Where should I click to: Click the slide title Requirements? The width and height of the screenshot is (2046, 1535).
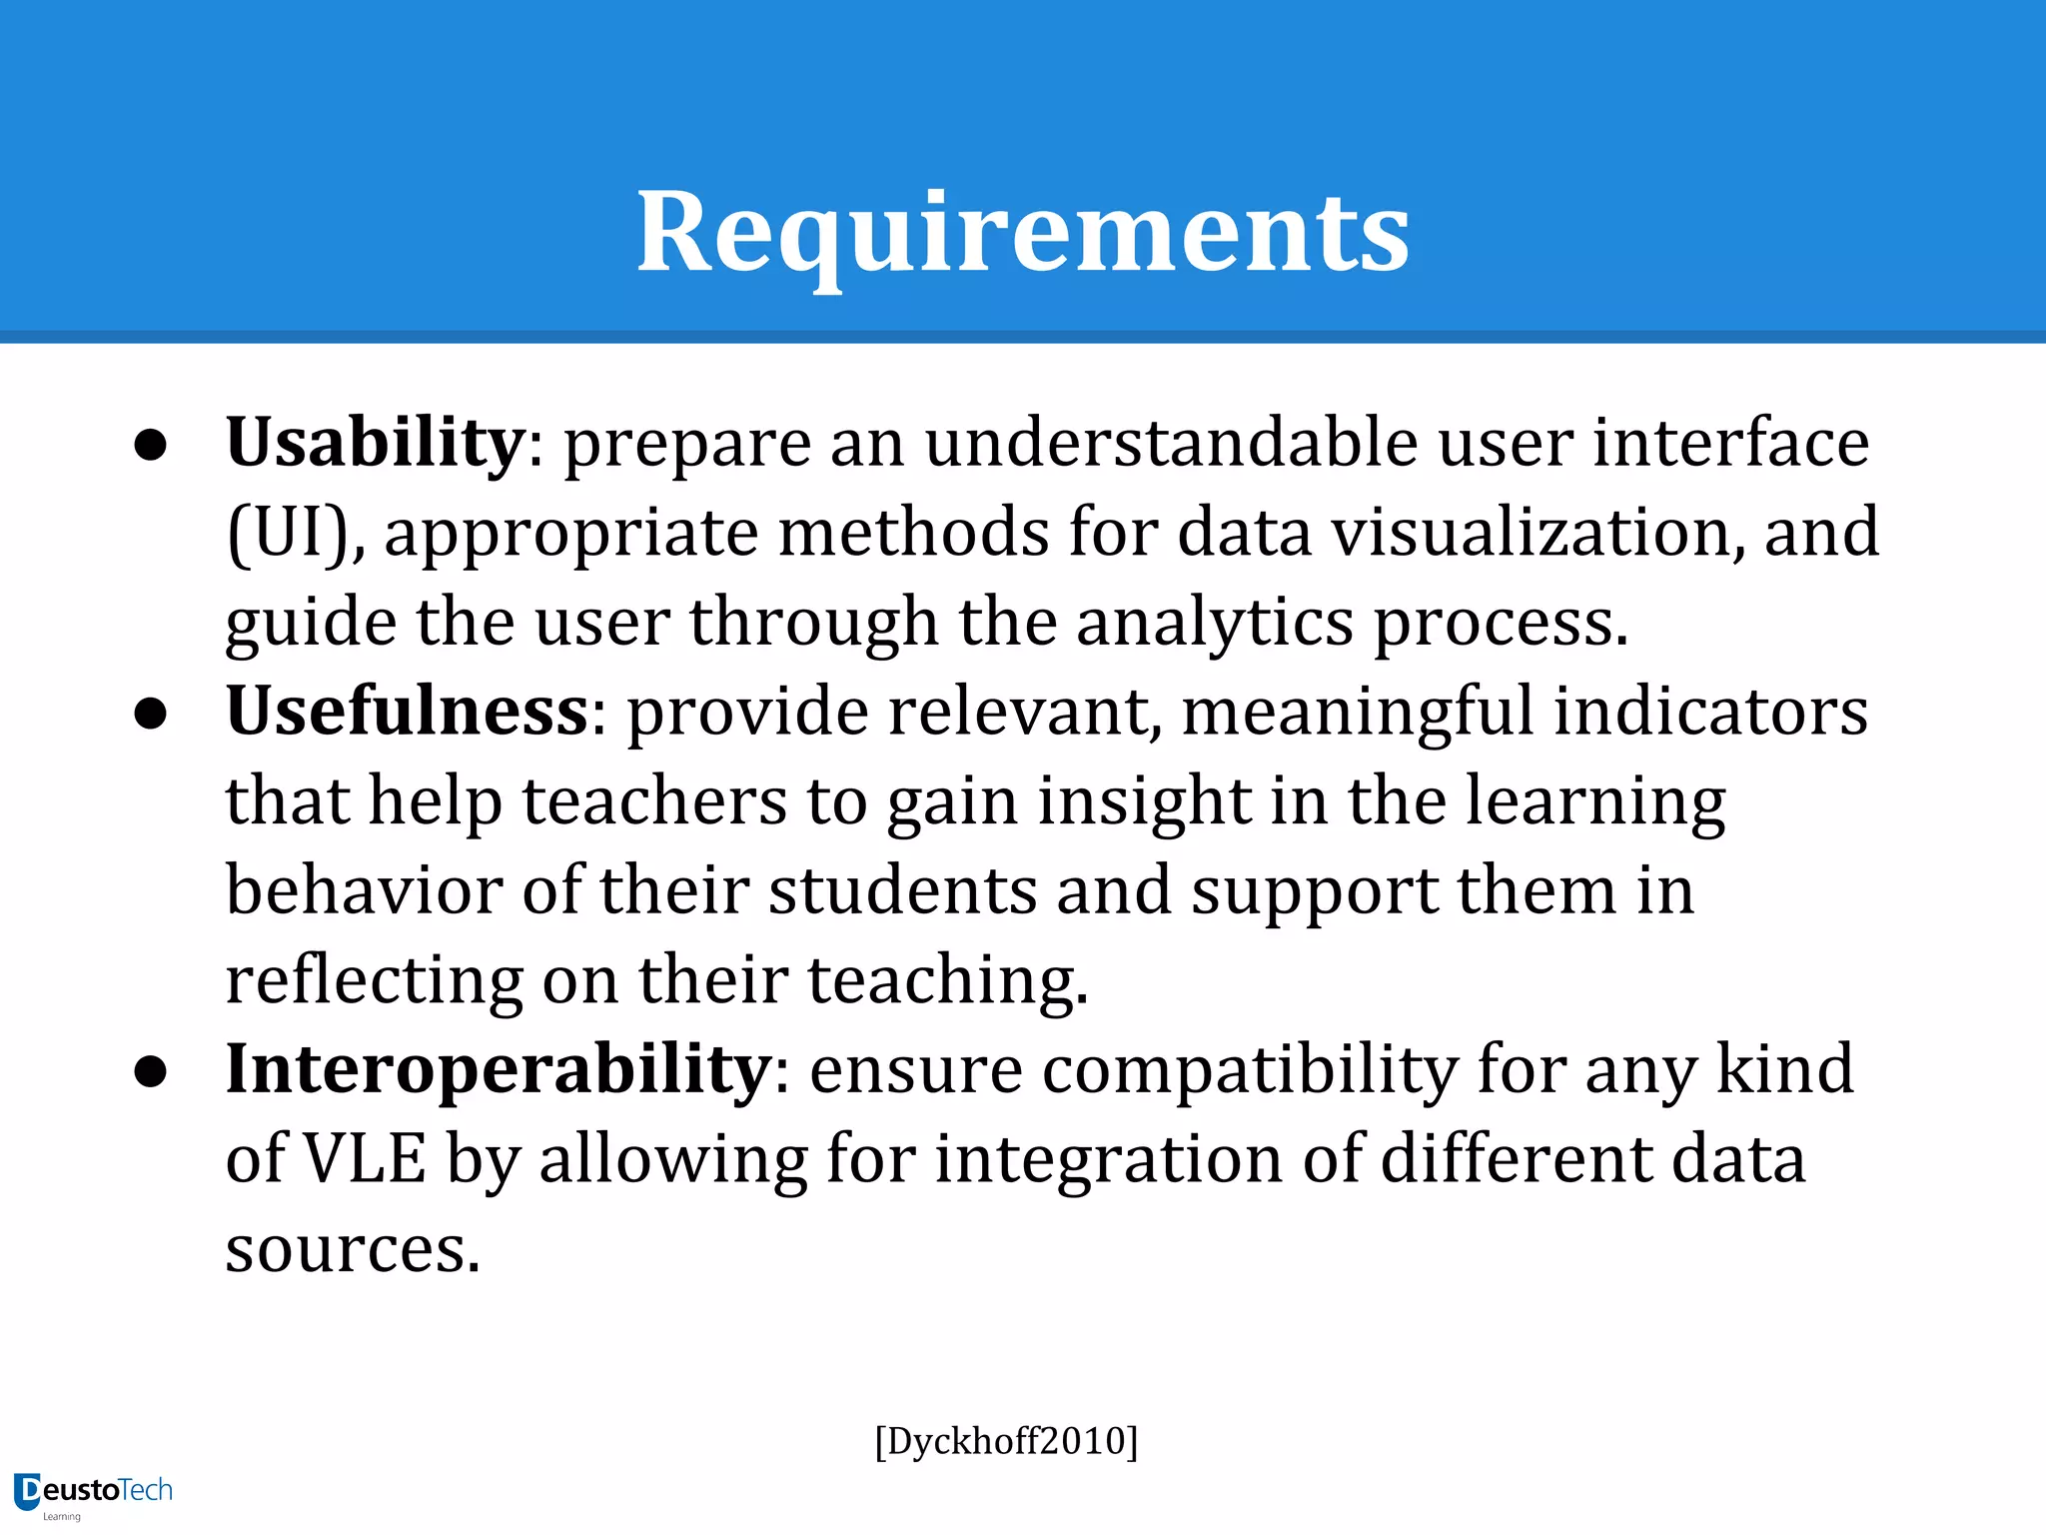click(1023, 232)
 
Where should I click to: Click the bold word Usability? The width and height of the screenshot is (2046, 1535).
click(375, 442)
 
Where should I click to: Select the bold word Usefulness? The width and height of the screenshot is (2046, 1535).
click(408, 711)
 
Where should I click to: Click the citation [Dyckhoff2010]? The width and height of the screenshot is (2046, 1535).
click(1006, 1441)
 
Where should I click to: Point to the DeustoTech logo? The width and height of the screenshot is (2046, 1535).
click(94, 1492)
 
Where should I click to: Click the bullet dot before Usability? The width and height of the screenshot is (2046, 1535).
click(150, 446)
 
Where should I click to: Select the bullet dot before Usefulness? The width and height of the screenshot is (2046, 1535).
click(150, 715)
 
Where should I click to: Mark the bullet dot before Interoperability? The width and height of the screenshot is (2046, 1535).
click(150, 1072)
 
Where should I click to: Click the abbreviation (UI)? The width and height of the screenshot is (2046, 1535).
click(296, 532)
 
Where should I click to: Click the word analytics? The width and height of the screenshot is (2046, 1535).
click(1214, 622)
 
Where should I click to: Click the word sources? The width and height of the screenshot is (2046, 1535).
click(352, 1249)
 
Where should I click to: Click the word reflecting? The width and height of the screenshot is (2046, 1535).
click(374, 979)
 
